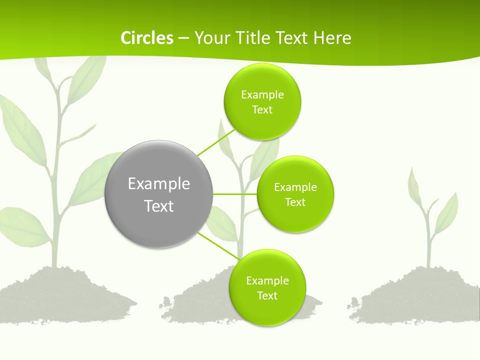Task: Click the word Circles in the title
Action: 146,38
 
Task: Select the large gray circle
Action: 159,194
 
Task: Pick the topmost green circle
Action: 262,101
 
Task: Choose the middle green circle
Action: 295,194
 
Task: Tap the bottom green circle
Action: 267,287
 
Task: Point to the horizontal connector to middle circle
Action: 235,194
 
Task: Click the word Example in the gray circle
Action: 159,183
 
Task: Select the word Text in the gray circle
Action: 159,206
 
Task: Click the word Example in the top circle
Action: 262,94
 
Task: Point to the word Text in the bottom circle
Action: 267,295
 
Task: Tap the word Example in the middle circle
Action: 295,187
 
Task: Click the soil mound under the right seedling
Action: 420,297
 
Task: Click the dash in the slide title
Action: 183,38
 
